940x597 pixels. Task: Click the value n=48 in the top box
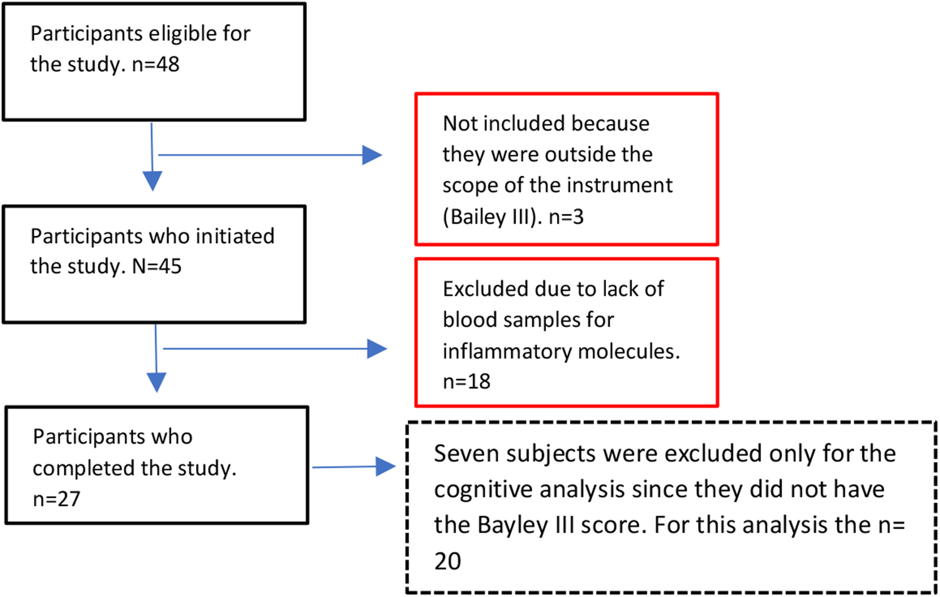pyautogui.click(x=155, y=65)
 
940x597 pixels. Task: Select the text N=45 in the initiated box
pyautogui.click(x=157, y=267)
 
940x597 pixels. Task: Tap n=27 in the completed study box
pyautogui.click(x=56, y=499)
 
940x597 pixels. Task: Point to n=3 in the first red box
pyautogui.click(x=566, y=217)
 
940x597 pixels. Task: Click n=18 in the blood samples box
pyautogui.click(x=466, y=382)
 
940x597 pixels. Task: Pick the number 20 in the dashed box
pyautogui.click(x=447, y=561)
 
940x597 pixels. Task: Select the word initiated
pyautogui.click(x=235, y=236)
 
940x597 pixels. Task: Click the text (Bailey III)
pyautogui.click(x=492, y=217)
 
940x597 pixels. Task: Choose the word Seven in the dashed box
pyautogui.click(x=466, y=454)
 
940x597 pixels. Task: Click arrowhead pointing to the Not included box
pyautogui.click(x=372, y=155)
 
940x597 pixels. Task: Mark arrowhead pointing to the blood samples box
pyautogui.click(x=377, y=349)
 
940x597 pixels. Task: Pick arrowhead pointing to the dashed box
pyautogui.click(x=385, y=466)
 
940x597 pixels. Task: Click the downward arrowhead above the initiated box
pyautogui.click(x=152, y=180)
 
